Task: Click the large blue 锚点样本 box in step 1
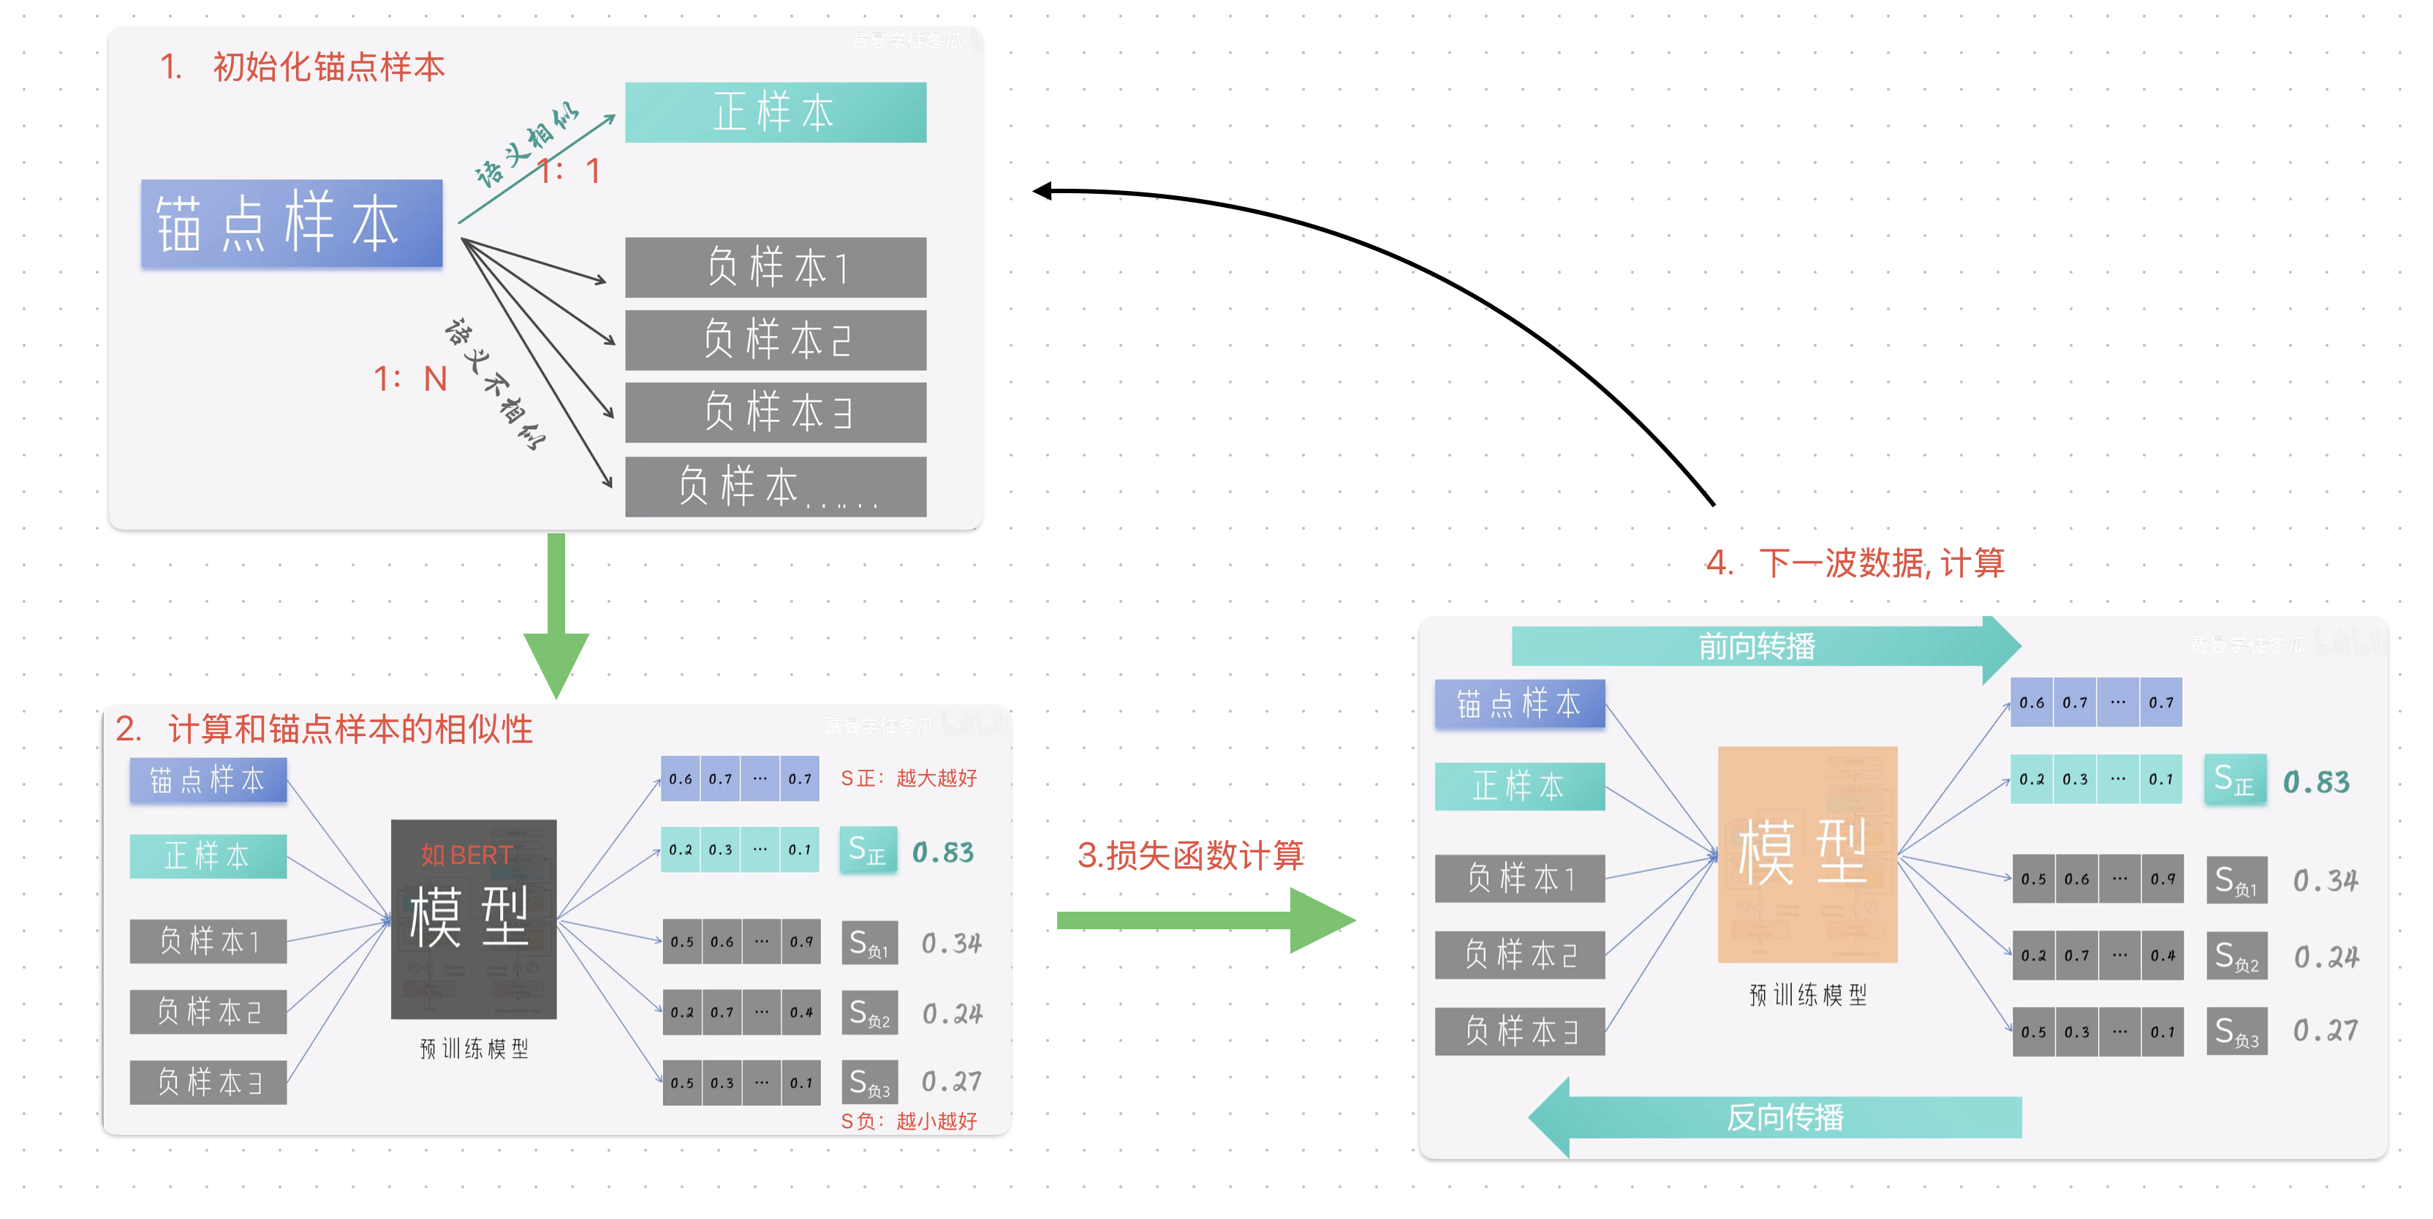pos(292,223)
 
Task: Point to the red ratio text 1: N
pos(410,379)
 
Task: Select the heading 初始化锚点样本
pos(327,67)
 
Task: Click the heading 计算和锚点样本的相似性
pos(349,729)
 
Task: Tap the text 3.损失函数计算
pos(1190,855)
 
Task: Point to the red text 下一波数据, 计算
pos(1880,563)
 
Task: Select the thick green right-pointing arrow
pos(1204,920)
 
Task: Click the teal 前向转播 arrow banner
pos(1757,646)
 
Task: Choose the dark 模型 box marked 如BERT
pos(473,918)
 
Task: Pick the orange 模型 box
pos(1806,853)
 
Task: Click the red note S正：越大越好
pos(908,778)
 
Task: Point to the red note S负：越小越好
pos(908,1121)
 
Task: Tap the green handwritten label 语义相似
pos(525,146)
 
